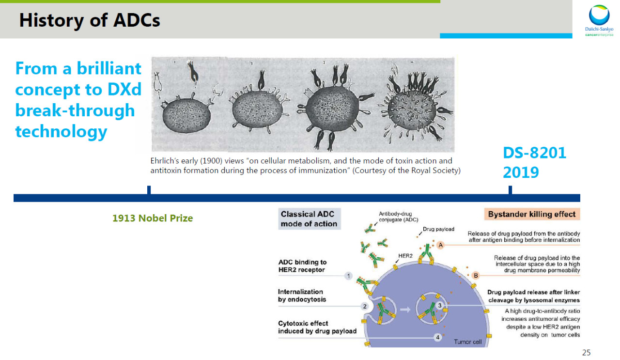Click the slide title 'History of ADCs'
coord(90,20)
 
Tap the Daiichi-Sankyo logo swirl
coord(599,15)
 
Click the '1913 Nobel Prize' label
coord(153,218)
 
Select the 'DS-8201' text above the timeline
coord(534,153)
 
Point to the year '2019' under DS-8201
coord(521,172)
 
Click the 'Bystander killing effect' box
coord(532,214)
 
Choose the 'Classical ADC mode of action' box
coord(309,219)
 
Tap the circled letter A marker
coord(441,245)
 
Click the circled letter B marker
coord(476,275)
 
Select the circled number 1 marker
coord(348,276)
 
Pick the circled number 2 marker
coord(365,306)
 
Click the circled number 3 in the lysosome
coord(439,305)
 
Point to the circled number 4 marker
coord(437,337)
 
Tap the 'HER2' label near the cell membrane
coord(405,256)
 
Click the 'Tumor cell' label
coord(468,342)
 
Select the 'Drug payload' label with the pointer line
coord(438,229)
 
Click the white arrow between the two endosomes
coord(405,309)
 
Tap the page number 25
coord(586,353)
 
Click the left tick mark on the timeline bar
coord(149,190)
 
